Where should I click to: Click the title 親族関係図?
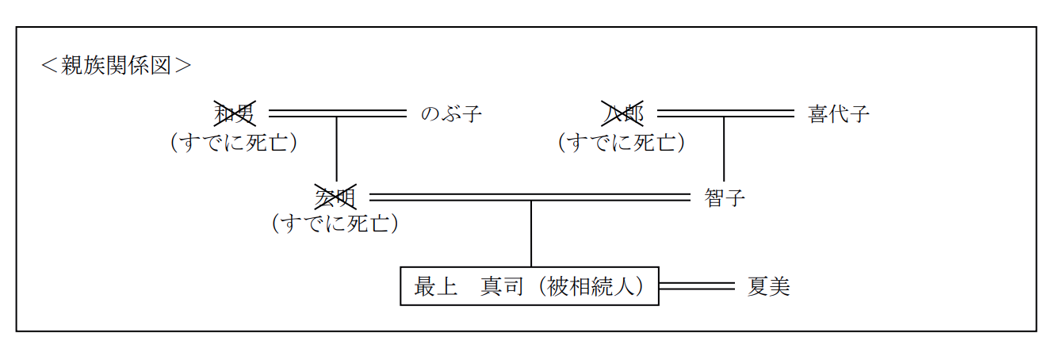(x=117, y=65)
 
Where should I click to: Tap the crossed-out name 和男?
(x=235, y=114)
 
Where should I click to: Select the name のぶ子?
(x=450, y=114)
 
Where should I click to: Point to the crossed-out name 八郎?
(x=623, y=114)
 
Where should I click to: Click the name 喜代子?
(x=839, y=114)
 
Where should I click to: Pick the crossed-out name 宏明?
(x=336, y=197)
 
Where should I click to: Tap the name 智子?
(x=725, y=197)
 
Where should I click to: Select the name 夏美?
(x=769, y=286)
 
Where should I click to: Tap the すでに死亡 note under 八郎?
(x=622, y=142)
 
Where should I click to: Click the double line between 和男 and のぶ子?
(x=338, y=113)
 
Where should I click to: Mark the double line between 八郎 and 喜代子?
(x=725, y=113)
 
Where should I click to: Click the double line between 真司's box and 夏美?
(x=697, y=286)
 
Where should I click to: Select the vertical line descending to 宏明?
(x=337, y=151)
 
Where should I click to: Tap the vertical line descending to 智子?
(x=724, y=151)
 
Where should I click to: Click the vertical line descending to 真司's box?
(x=531, y=234)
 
